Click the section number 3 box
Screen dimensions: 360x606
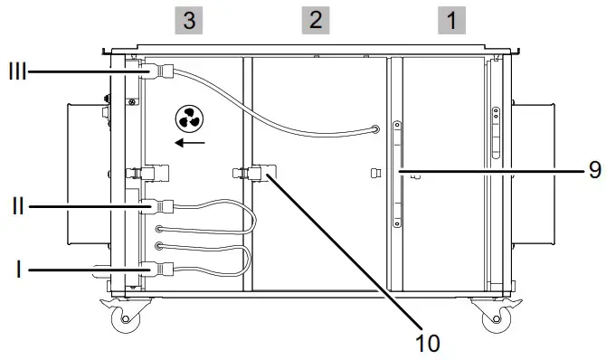[x=188, y=21]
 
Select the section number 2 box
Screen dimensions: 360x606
[x=315, y=21]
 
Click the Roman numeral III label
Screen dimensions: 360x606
[x=16, y=70]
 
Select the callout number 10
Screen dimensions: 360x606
[x=426, y=342]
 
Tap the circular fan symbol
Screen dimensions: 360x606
[x=189, y=118]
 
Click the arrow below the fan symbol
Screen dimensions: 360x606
[x=190, y=142]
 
